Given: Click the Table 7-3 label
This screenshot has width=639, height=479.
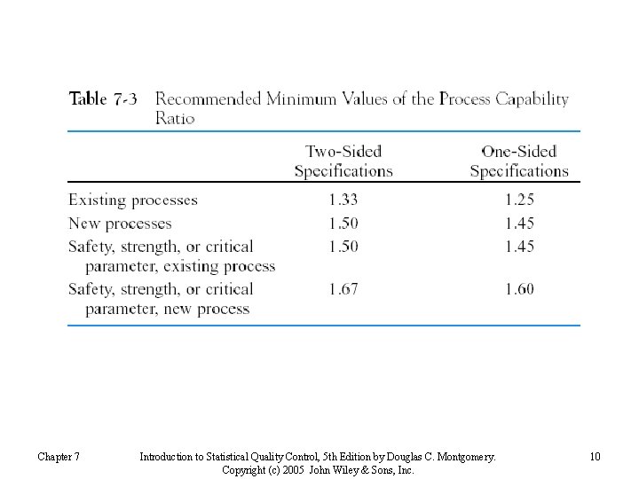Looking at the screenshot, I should tap(103, 98).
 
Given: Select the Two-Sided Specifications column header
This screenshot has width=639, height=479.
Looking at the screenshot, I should tap(343, 161).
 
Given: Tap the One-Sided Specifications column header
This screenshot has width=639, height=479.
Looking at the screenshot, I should tap(519, 161).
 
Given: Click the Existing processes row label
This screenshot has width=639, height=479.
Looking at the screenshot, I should tap(133, 200).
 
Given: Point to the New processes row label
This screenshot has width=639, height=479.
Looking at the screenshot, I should tap(120, 224).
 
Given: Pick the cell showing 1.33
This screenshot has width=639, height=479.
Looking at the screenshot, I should tap(343, 200).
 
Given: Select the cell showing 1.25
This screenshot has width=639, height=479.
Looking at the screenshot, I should tap(519, 200).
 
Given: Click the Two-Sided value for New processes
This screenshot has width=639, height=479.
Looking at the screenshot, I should tap(343, 224).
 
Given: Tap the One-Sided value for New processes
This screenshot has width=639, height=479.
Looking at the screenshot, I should tap(519, 224).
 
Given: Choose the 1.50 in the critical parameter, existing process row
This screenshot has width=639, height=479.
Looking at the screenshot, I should tap(343, 247).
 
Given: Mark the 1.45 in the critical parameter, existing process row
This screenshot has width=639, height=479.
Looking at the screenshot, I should tap(519, 247).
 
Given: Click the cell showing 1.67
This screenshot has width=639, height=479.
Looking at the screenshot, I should tap(343, 289).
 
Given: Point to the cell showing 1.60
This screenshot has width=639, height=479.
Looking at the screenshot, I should tap(519, 289).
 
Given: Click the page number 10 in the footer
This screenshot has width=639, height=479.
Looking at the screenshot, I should tap(595, 457).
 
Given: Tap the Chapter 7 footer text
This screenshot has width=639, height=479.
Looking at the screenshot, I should tap(59, 457).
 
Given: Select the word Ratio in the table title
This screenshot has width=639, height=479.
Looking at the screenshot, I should tap(175, 118).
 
